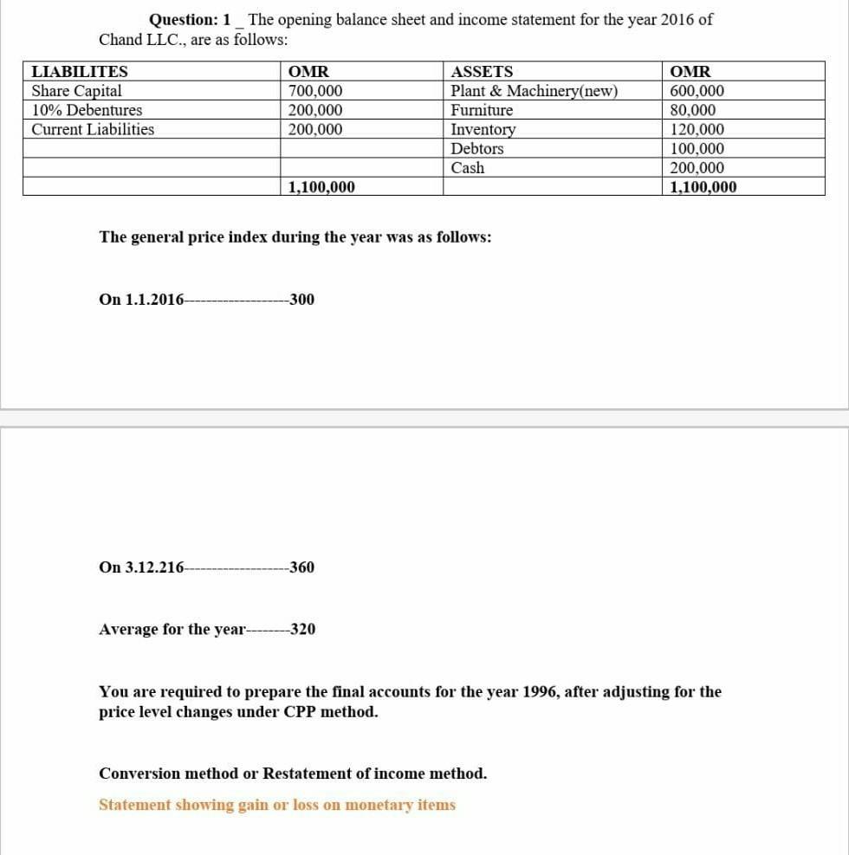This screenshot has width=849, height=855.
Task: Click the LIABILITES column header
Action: [80, 72]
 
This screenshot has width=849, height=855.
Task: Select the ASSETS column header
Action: [482, 72]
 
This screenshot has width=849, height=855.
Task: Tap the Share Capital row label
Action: [76, 91]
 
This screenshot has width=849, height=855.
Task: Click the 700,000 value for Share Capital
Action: [314, 91]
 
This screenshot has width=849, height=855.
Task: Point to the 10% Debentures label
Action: [87, 110]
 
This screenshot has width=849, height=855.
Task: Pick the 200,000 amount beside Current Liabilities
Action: [314, 129]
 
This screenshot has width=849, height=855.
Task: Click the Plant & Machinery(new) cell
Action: [534, 91]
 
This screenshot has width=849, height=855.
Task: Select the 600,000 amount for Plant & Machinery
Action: [697, 91]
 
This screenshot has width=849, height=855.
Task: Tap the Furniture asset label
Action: [482, 110]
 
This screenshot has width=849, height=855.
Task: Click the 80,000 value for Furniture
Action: [693, 110]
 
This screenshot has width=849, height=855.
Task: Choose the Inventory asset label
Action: [483, 129]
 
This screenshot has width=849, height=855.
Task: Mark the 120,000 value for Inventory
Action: [697, 129]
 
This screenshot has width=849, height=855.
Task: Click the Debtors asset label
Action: [477, 148]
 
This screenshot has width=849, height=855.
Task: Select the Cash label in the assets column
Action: [468, 167]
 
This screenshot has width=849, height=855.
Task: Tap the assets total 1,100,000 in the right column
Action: [703, 187]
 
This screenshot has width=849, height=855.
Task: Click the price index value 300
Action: [302, 300]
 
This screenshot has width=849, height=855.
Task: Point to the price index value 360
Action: [302, 567]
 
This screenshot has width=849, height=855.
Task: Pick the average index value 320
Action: [302, 629]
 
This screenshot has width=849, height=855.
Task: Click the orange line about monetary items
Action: [276, 805]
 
